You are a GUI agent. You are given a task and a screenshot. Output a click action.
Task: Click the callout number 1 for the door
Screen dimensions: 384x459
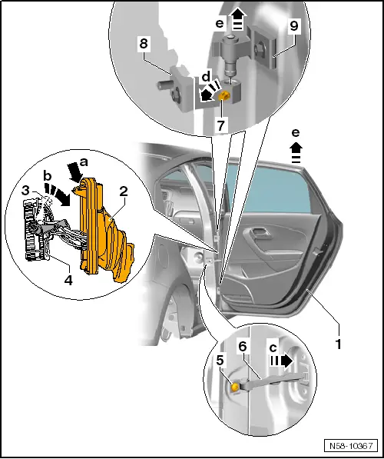[338, 344]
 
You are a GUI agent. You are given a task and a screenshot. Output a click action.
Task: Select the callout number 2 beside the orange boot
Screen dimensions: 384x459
[124, 191]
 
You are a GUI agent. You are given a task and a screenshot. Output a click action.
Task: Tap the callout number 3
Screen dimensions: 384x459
[25, 190]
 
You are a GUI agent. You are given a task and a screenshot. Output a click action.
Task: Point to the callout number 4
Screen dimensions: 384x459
[68, 280]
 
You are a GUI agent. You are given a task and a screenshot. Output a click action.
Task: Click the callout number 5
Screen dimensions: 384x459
[220, 361]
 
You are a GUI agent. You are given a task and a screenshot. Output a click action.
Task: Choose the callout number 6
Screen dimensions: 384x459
[243, 347]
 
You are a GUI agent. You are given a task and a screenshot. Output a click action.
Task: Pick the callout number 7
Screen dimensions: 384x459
[221, 125]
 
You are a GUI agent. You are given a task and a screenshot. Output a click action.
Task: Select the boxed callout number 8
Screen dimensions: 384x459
[144, 44]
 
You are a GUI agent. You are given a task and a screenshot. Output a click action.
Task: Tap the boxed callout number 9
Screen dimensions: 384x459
[293, 26]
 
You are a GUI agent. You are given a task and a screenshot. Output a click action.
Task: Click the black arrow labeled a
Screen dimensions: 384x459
[74, 173]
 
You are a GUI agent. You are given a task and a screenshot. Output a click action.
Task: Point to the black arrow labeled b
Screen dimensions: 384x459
[58, 195]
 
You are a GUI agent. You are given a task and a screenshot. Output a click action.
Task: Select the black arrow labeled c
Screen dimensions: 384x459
[282, 361]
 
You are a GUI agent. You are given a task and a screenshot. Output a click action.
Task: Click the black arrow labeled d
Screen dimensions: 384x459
[209, 91]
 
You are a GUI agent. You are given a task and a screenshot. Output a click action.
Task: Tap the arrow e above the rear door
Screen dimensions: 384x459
[296, 152]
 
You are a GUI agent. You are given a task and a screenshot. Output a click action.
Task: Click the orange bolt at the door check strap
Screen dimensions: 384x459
[234, 387]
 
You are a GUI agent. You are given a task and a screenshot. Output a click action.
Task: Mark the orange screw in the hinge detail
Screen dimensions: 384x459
[224, 95]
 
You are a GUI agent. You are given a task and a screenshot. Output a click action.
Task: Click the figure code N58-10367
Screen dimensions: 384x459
[351, 445]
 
